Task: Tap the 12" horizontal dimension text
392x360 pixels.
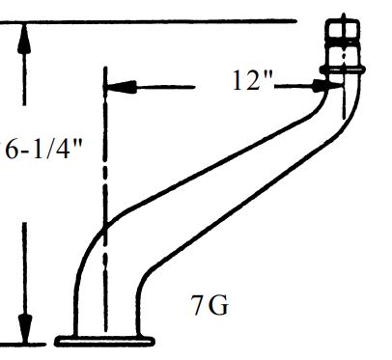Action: point(253,82)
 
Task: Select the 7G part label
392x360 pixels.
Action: point(210,307)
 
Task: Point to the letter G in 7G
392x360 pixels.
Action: point(219,307)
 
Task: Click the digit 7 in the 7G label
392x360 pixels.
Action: point(198,307)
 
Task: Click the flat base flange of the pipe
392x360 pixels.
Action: point(106,339)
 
